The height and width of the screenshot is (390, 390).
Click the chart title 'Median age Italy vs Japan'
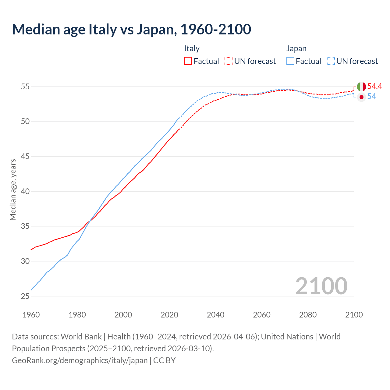(131, 29)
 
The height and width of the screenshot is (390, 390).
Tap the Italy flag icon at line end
(361, 87)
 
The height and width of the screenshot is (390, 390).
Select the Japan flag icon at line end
(361, 97)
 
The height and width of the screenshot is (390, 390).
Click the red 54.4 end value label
(374, 87)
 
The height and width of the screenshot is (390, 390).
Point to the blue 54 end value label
(371, 97)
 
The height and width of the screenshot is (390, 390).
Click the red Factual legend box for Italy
(188, 61)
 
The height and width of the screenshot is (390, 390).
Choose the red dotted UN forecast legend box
(229, 61)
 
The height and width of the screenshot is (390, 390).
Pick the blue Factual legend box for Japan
(290, 61)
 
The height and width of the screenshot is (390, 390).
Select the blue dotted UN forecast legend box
(331, 61)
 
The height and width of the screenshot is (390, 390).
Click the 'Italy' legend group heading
(192, 48)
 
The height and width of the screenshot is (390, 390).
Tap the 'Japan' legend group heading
(296, 48)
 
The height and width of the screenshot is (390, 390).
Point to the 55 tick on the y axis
(25, 87)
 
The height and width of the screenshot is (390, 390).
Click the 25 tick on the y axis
(25, 296)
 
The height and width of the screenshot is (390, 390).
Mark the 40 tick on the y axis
(25, 191)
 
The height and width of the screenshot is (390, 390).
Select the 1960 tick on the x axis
(31, 315)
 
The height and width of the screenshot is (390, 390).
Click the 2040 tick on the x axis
(215, 315)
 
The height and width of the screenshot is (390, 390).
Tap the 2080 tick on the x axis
(308, 315)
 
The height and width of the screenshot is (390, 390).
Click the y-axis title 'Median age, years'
(13, 190)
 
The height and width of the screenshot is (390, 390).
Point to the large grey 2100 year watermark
(321, 286)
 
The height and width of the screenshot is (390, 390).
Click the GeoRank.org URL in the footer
(80, 360)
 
